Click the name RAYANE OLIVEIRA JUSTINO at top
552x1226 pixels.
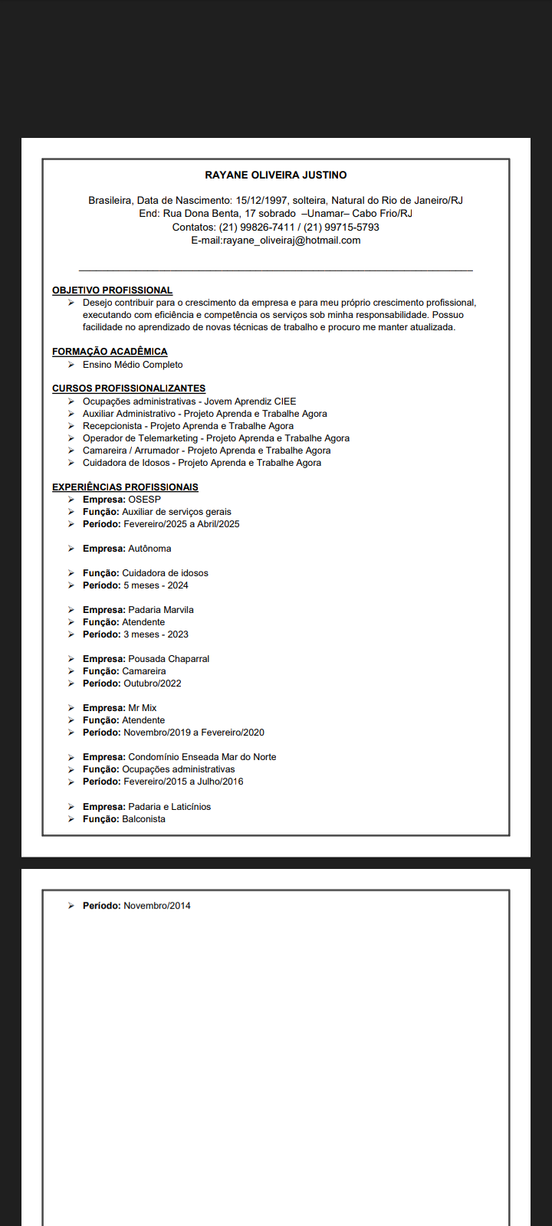[x=276, y=175]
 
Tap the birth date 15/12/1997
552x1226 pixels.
[x=261, y=201]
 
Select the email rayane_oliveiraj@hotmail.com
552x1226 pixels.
[x=291, y=241]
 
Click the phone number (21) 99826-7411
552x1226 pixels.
[x=257, y=228]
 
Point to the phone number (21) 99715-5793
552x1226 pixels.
[x=341, y=228]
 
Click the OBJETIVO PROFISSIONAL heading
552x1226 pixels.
[x=112, y=290]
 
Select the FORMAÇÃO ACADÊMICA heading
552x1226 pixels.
[x=110, y=352]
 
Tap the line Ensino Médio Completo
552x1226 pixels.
[x=133, y=365]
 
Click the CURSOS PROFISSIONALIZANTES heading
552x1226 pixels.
[x=129, y=388]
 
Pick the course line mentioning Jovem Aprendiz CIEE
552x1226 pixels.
[x=189, y=402]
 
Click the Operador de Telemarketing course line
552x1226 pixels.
[x=216, y=438]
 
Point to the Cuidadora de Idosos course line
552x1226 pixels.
[x=202, y=463]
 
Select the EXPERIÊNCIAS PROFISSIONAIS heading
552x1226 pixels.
[x=125, y=487]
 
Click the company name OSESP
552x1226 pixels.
[x=144, y=500]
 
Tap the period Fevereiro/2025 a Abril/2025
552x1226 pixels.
[x=182, y=524]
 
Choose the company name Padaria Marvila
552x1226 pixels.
[x=161, y=610]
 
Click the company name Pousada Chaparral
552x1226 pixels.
[x=169, y=659]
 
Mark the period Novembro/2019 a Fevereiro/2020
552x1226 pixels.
[x=194, y=733]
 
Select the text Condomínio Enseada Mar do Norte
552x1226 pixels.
[x=202, y=757]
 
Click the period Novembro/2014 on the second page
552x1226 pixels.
[x=157, y=906]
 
